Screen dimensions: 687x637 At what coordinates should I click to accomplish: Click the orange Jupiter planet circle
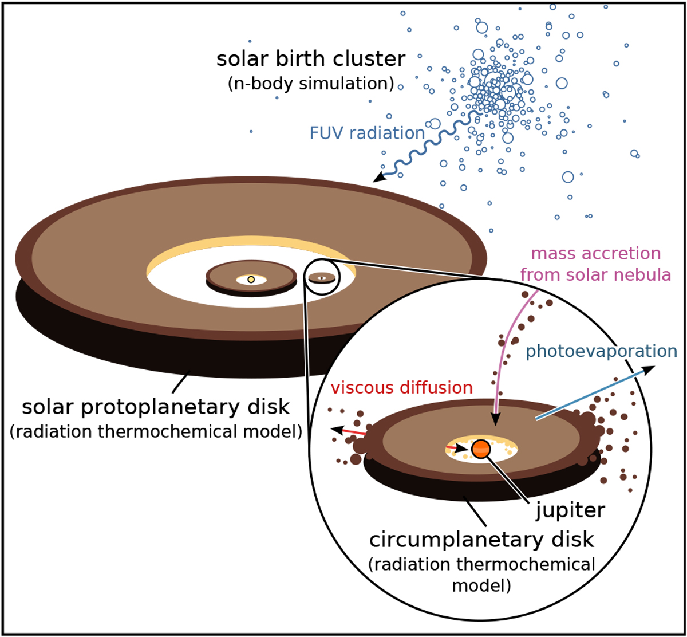point(481,449)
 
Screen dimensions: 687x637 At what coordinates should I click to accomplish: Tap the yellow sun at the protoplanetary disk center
point(251,280)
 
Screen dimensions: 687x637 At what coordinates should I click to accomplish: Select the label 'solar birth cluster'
point(311,59)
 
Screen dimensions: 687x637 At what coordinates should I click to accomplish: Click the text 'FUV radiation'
point(367,133)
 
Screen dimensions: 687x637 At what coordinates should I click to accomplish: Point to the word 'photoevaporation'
point(601,352)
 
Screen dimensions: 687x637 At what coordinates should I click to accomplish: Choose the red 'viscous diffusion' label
point(402,388)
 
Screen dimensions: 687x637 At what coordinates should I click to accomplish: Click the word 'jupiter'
point(570,510)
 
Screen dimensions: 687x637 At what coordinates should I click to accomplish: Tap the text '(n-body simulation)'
point(311,84)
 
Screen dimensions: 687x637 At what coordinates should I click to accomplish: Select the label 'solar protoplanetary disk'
point(156,407)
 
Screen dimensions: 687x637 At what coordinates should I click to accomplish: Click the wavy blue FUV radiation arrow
point(428,147)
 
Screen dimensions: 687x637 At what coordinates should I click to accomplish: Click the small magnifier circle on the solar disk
point(322,277)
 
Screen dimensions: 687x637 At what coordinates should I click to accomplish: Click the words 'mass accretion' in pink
point(595,254)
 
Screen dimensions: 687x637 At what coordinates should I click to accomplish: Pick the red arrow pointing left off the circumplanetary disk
point(348,431)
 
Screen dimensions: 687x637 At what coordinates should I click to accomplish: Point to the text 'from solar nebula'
point(595,275)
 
